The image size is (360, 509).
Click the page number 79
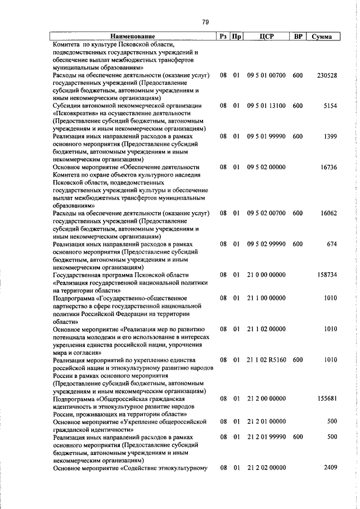[205, 22]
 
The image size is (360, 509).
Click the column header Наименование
[132, 37]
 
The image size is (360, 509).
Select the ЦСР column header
[266, 37]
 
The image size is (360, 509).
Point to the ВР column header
[299, 37]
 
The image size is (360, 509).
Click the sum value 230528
[327, 75]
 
